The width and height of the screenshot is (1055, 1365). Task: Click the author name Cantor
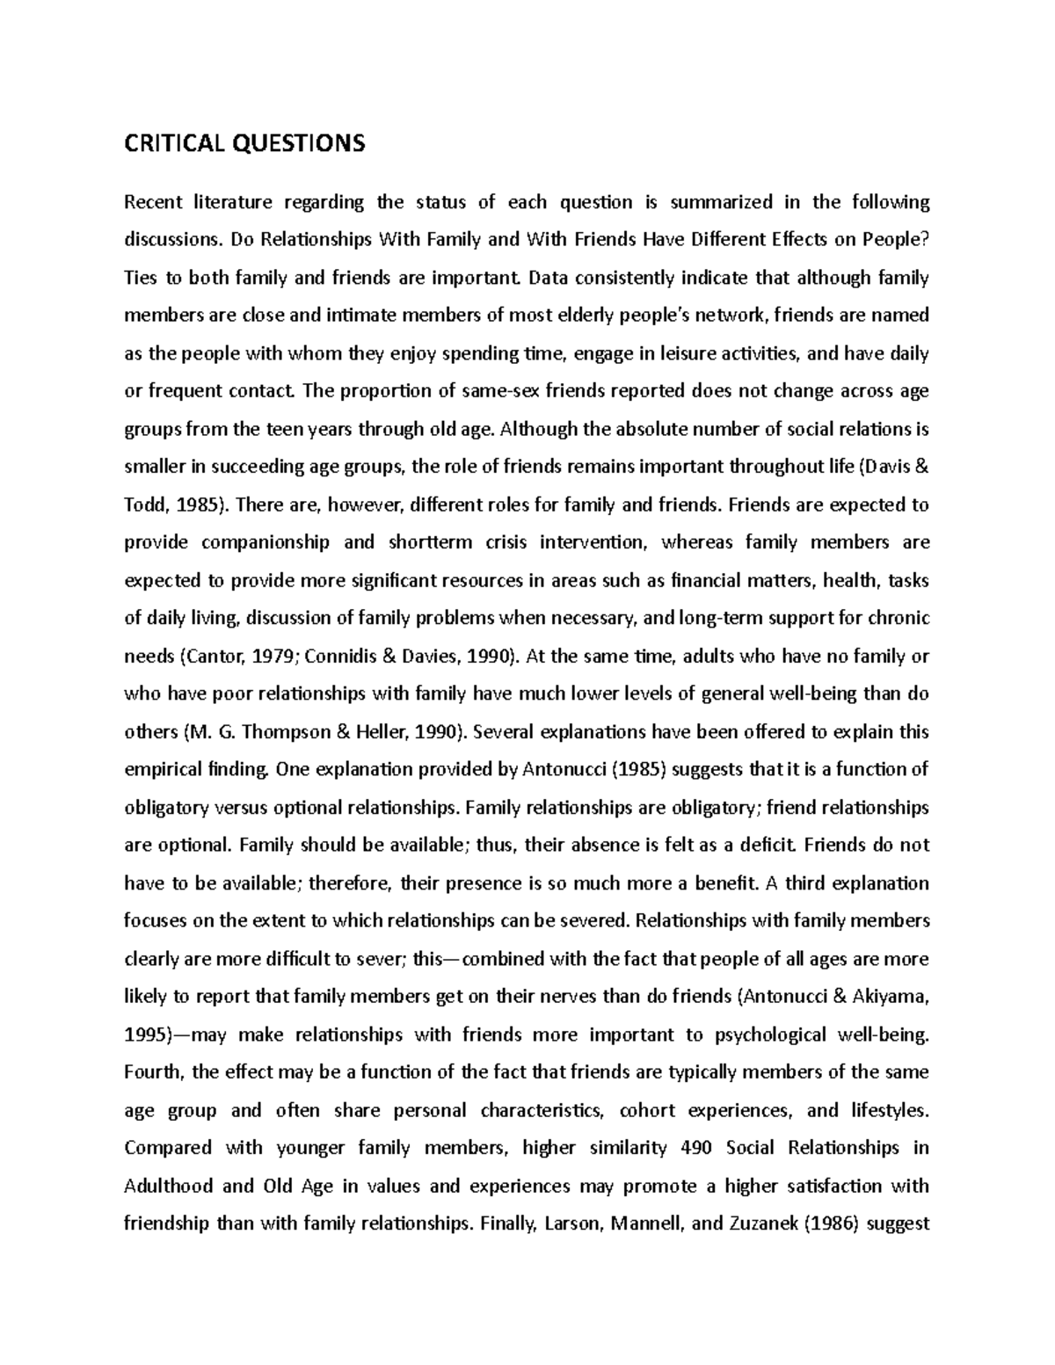(x=215, y=657)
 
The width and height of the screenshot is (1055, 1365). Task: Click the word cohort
(x=649, y=1110)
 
